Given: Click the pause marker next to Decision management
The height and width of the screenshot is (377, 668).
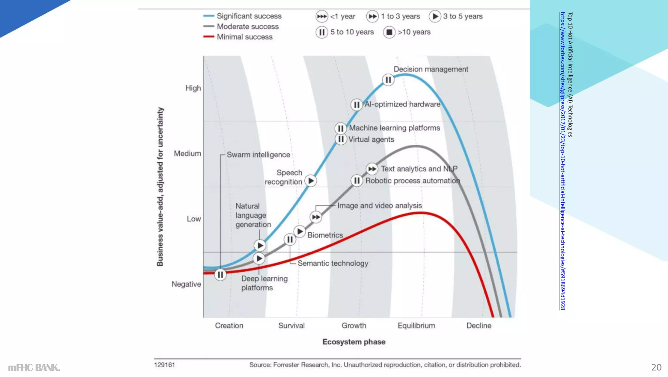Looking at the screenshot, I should pyautogui.click(x=388, y=80).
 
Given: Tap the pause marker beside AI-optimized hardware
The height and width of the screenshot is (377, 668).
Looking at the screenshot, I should pyautogui.click(x=357, y=105).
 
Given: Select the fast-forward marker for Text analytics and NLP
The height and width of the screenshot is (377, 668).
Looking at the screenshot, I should pyautogui.click(x=372, y=169).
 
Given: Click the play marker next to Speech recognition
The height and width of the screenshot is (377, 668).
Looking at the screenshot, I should pyautogui.click(x=311, y=181).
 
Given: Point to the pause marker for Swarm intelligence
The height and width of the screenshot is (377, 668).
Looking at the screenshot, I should pyautogui.click(x=220, y=275).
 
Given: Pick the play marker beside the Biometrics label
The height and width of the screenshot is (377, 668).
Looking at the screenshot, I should pyautogui.click(x=299, y=232).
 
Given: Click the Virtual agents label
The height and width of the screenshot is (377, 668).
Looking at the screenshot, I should pyautogui.click(x=371, y=139).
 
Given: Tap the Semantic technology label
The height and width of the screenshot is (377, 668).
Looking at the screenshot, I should pyautogui.click(x=333, y=263).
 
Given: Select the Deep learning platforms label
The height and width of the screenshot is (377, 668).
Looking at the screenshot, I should pyautogui.click(x=264, y=283).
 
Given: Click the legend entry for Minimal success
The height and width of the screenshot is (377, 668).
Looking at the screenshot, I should pyautogui.click(x=245, y=37).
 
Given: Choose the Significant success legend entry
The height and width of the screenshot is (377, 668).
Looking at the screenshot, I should pyautogui.click(x=249, y=16).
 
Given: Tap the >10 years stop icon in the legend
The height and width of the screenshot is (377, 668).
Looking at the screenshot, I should pyautogui.click(x=389, y=32).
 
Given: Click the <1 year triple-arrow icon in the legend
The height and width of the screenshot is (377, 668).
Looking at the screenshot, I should pyautogui.click(x=322, y=16).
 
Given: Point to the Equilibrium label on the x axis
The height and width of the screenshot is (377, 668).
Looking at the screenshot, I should pyautogui.click(x=416, y=326).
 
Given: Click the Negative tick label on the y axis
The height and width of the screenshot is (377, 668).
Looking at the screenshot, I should pyautogui.click(x=186, y=284).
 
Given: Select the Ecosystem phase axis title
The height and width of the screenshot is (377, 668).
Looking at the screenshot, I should pyautogui.click(x=354, y=342).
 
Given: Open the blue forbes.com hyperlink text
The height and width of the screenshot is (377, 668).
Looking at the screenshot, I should pyautogui.click(x=562, y=161).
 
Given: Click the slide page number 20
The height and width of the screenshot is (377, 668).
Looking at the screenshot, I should pyautogui.click(x=656, y=368).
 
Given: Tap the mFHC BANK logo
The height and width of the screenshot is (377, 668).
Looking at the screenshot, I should pyautogui.click(x=34, y=368).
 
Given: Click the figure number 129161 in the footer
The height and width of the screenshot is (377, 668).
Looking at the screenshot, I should pyautogui.click(x=164, y=365).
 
